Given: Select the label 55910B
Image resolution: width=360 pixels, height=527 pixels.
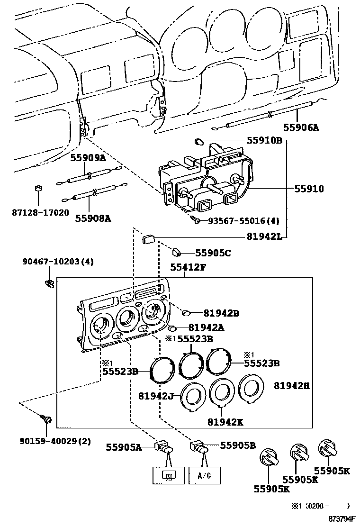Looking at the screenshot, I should [x=264, y=140].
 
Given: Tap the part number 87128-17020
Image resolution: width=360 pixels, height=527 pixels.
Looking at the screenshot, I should [x=40, y=213].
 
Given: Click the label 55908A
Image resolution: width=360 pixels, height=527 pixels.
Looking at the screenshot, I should [x=93, y=218].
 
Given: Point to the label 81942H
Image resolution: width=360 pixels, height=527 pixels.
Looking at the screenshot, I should [x=291, y=386].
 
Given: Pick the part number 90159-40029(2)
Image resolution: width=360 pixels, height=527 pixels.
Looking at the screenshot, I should [x=55, y=441].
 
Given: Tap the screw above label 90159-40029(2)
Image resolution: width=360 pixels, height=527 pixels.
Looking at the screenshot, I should [x=47, y=419].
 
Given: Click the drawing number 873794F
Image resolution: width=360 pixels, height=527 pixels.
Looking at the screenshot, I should [x=338, y=520].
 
